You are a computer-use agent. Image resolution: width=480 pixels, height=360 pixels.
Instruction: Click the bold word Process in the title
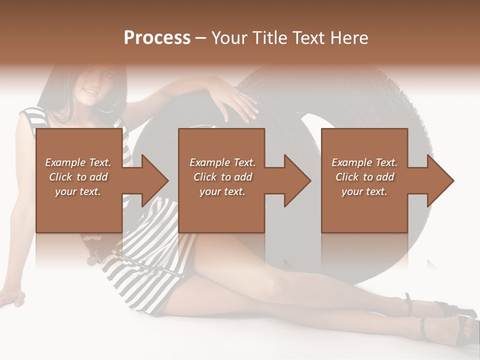tap(157, 38)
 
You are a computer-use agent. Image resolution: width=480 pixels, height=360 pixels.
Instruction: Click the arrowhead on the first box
tap(150, 180)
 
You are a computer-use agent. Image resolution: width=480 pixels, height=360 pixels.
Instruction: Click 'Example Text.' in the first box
tap(78, 162)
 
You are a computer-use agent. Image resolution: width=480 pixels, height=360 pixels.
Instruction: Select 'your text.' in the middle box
tap(222, 191)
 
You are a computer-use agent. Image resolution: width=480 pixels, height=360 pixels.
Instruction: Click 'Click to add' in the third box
tap(364, 177)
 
